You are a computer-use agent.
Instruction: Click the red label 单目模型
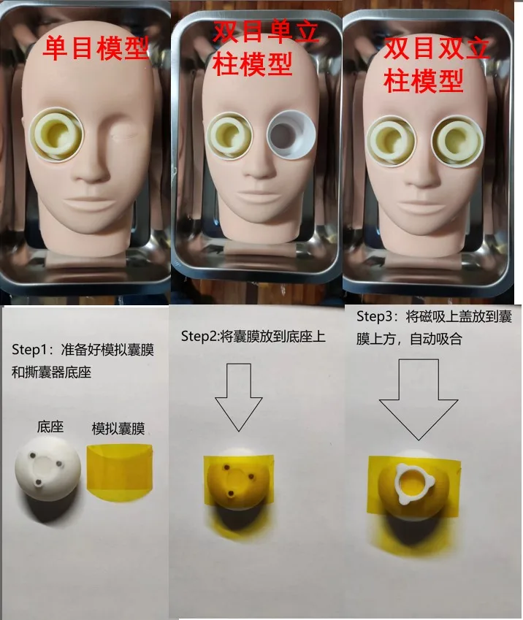click(95, 48)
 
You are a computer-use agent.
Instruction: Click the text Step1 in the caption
click(27, 349)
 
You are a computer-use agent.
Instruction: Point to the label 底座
click(50, 426)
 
